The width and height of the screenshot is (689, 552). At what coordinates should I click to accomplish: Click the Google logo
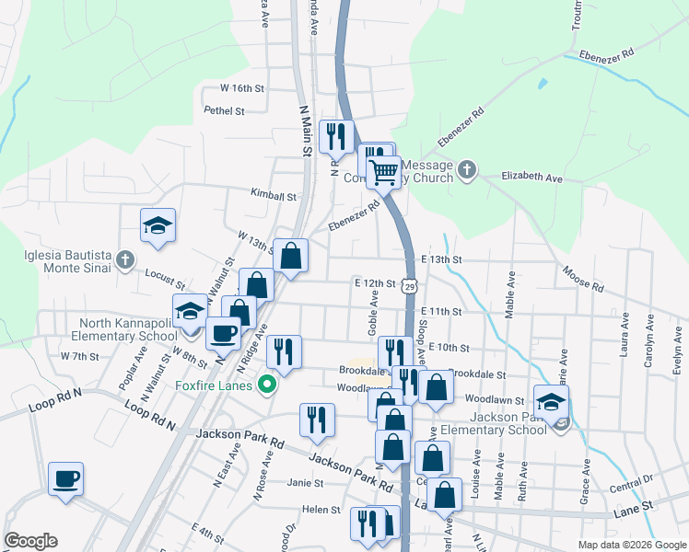coord(30,541)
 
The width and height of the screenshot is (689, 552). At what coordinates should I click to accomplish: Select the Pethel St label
coord(225,110)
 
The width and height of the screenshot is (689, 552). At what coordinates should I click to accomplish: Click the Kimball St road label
coord(274,195)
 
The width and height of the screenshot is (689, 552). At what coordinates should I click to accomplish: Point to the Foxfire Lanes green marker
coord(268,384)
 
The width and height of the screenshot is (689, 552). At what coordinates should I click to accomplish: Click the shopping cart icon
coord(382,170)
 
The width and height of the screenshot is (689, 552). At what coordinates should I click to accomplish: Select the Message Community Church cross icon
coord(467,169)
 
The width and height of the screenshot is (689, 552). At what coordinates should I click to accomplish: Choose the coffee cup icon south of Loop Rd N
coord(65,479)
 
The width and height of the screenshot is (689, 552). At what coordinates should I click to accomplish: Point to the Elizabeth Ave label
coord(531,176)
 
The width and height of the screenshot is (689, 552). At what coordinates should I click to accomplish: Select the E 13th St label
coord(440,260)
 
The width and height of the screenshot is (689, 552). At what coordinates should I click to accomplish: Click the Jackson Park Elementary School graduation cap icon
coord(551,402)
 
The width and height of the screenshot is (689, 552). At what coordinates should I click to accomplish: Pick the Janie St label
coord(305,482)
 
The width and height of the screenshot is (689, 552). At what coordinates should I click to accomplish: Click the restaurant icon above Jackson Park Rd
coord(317,420)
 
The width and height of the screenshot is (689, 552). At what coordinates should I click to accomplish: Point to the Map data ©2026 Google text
coord(631,545)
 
